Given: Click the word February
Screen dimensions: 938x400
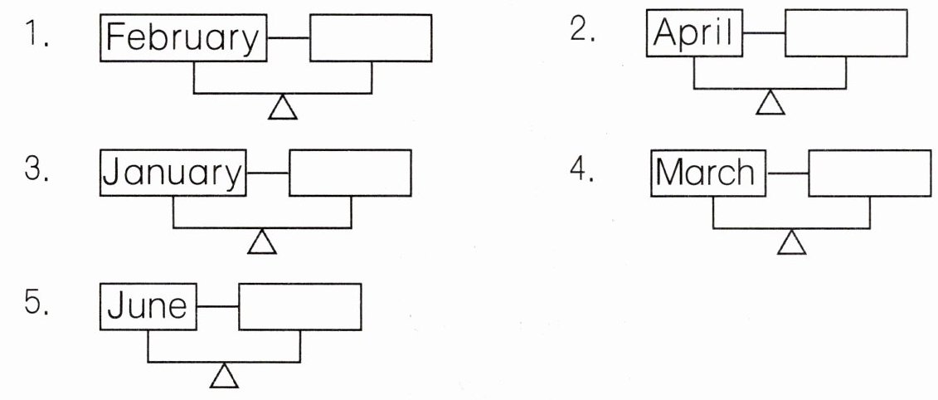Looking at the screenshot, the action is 183,38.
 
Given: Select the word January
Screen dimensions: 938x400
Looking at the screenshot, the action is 173,173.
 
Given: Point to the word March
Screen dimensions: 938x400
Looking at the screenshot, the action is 707,173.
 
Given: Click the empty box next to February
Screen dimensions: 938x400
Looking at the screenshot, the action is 371,38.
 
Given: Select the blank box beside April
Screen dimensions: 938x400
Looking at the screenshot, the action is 846,34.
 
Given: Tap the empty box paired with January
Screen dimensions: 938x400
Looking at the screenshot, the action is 350,173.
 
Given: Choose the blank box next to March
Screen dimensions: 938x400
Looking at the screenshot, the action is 870,173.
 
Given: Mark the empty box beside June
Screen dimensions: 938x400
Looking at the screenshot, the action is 300,306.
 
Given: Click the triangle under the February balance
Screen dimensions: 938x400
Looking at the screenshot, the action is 283,107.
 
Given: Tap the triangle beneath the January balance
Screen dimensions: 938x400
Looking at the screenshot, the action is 262,241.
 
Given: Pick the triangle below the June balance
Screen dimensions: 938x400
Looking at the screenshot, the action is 224,376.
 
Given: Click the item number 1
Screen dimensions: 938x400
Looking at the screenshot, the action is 35,37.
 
